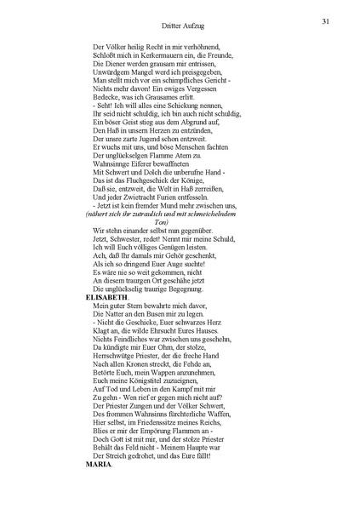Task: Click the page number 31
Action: [x=325, y=20]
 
